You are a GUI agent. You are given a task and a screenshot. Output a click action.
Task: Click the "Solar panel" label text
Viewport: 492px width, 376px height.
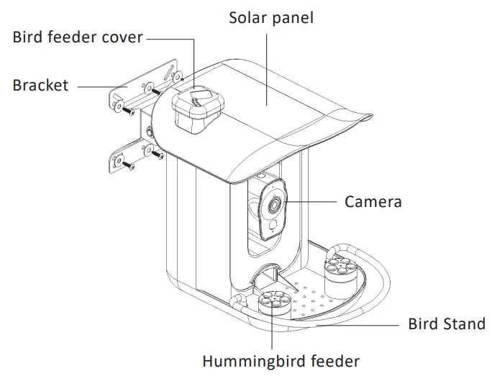pyautogui.click(x=271, y=18)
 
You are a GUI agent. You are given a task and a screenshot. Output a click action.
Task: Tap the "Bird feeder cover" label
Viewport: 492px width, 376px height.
pyautogui.click(x=78, y=37)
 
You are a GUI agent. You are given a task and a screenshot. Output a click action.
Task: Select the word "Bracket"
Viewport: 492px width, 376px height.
pyautogui.click(x=40, y=85)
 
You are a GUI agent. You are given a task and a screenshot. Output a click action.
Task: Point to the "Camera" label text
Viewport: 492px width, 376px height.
pyautogui.click(x=373, y=201)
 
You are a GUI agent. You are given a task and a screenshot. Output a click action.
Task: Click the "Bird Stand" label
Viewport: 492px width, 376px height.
pyautogui.click(x=447, y=324)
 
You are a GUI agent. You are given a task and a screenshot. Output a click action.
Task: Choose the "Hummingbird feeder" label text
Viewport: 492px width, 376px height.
pyautogui.click(x=281, y=361)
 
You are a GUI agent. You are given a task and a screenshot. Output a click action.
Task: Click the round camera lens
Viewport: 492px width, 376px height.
pyautogui.click(x=275, y=205)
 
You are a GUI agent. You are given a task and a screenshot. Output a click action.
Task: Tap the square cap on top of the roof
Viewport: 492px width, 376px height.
pyautogui.click(x=198, y=109)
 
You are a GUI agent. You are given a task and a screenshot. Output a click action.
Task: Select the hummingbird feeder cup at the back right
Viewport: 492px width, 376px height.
pyautogui.click(x=340, y=277)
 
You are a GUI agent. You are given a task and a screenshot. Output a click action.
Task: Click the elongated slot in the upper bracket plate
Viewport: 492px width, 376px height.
pyautogui.click(x=168, y=74)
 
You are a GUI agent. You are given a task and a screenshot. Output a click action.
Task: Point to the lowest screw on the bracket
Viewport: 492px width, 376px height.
pyautogui.click(x=128, y=165)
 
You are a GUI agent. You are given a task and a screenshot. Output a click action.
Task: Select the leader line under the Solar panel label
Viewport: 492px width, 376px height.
pyautogui.click(x=267, y=70)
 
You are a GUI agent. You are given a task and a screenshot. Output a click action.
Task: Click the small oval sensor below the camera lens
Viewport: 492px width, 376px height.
pyautogui.click(x=273, y=224)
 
